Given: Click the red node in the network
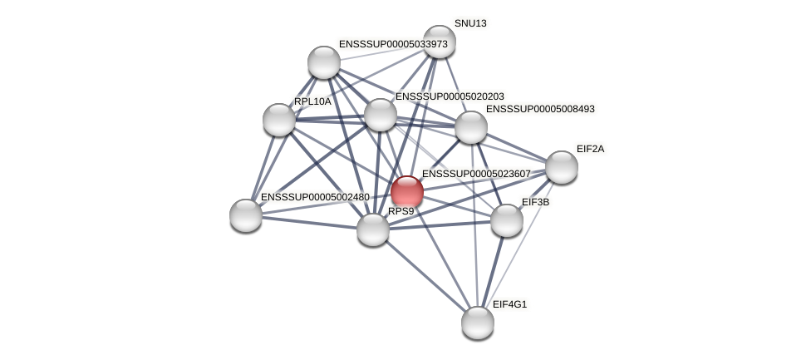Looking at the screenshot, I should point(407,191).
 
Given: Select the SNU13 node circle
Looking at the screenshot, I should point(440,42).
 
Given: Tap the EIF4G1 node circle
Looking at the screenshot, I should point(478,323).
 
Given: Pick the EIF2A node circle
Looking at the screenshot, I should point(562,167).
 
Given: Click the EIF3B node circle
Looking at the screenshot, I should point(507,220).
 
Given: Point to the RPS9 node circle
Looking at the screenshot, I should point(373,229).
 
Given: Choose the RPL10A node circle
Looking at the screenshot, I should point(279,120).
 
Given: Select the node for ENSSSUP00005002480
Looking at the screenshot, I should point(246,215).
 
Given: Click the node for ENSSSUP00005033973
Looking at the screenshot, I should point(324,62).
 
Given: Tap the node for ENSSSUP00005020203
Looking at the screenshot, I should point(381,115).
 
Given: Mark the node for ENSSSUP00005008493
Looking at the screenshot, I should point(471,127).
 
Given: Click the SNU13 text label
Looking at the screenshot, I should point(470,23).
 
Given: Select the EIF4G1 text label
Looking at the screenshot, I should point(509,304).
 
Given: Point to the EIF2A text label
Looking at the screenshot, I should point(590,149).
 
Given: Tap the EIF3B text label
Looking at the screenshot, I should point(535,202).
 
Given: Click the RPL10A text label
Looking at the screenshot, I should point(312,101).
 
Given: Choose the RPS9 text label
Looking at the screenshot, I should point(401,211).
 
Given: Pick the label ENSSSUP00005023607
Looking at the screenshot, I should point(476,174).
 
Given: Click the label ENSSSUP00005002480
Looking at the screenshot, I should point(315,197).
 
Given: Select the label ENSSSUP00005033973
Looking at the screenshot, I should point(393,44).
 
